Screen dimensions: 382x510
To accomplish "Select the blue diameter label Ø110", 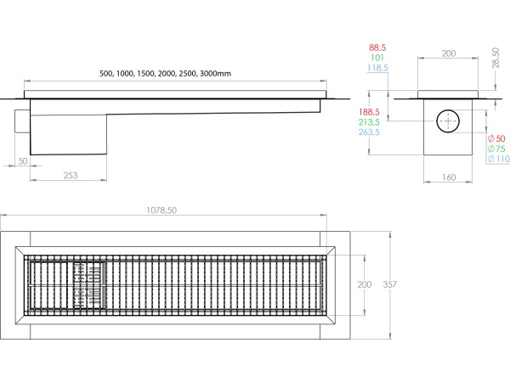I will point(499,160).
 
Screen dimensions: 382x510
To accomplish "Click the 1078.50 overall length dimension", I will point(162,211).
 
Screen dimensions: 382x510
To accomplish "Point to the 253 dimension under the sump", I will point(71,176).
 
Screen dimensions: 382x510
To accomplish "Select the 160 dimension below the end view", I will point(449,177).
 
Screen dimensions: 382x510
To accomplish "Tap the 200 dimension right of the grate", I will point(364,284).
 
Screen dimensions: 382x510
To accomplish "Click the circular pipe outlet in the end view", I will point(447,121).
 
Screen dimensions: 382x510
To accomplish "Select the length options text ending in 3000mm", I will point(166,74).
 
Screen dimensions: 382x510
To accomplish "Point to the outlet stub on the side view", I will point(21,121).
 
